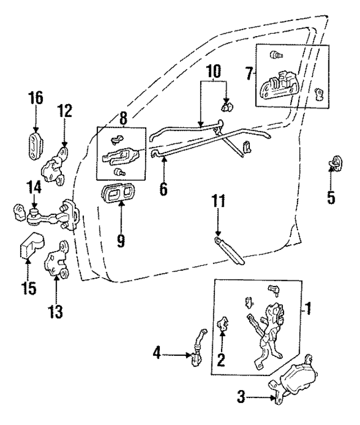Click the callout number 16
point(35,98)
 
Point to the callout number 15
point(29,289)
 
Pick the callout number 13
point(56,309)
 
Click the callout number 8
point(123,118)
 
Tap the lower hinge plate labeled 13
point(57,262)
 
